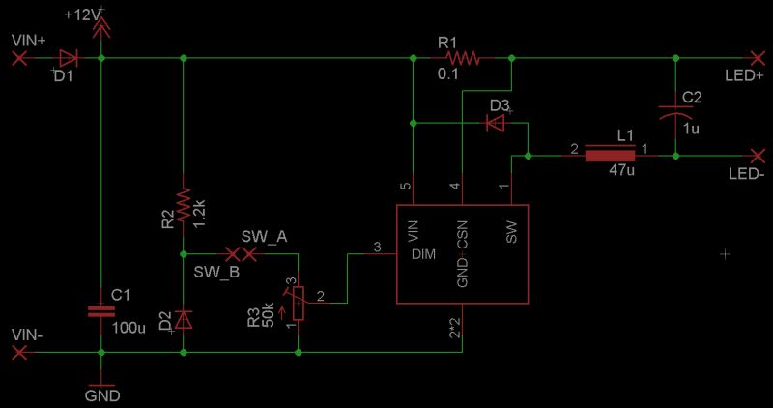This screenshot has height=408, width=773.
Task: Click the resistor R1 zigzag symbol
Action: click(x=461, y=58)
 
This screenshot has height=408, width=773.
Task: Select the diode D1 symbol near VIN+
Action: click(x=67, y=58)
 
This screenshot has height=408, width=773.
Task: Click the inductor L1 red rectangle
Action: click(x=611, y=155)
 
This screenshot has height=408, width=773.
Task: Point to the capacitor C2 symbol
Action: click(x=673, y=109)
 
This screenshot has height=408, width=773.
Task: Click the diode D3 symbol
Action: click(x=496, y=123)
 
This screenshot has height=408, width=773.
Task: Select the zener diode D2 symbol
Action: click(x=183, y=318)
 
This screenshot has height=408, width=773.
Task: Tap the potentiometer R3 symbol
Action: click(x=298, y=303)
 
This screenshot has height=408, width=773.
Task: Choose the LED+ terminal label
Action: click(x=744, y=74)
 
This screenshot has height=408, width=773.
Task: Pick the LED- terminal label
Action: click(x=746, y=173)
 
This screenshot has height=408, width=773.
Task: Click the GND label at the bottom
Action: click(x=101, y=395)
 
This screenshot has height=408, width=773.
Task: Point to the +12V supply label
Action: click(x=81, y=16)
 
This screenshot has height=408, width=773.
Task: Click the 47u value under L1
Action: click(x=621, y=170)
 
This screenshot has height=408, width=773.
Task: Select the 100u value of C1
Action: click(x=129, y=328)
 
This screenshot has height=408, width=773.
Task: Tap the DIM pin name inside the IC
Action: click(x=424, y=255)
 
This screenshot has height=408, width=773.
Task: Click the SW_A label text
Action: click(x=264, y=237)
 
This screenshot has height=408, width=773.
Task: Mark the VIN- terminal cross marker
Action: click(x=18, y=353)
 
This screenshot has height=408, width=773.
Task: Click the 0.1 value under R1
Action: click(x=447, y=74)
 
